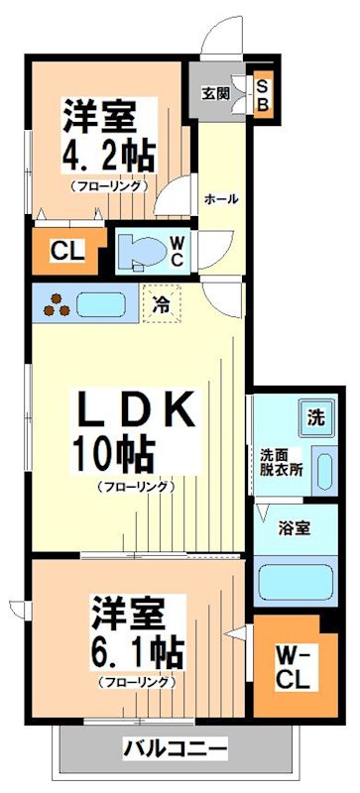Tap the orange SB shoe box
263,96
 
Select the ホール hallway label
220,198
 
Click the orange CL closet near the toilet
66,251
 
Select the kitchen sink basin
98,304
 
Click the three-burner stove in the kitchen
54,304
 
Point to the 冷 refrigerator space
160,306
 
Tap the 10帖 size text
111,455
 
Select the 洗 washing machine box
314,417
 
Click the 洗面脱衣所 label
282,463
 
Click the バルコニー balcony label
176,747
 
